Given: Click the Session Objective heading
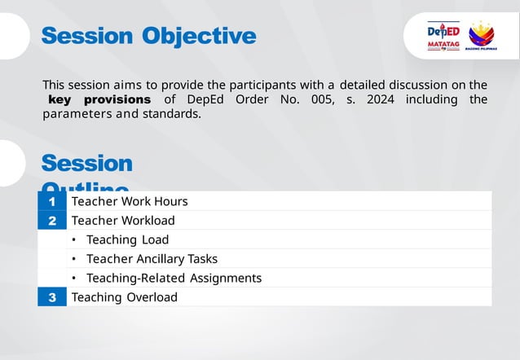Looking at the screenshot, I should (148, 36).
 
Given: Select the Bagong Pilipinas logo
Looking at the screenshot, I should (481, 37).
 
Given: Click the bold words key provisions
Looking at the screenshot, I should (99, 99).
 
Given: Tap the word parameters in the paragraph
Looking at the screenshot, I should (77, 114).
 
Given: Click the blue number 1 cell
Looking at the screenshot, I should (52, 201).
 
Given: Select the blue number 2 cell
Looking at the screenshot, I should (52, 220).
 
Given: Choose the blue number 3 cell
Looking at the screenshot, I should (52, 297).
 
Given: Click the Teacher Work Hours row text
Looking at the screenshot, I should (130, 201).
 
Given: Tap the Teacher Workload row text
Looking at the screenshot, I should (123, 220).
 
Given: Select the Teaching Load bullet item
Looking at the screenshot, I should (127, 239).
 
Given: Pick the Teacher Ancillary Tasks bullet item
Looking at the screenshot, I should (152, 259).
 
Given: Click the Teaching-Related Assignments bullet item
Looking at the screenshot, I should (174, 278).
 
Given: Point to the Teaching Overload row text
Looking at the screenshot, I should (124, 297).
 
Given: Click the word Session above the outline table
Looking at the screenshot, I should (86, 163).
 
